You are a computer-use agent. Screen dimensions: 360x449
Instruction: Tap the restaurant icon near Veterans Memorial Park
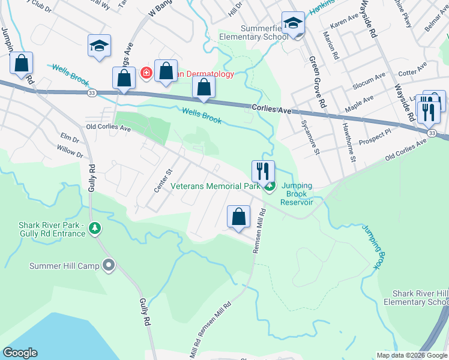pos(263,171)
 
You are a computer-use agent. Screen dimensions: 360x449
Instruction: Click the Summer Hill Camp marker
pos(108,265)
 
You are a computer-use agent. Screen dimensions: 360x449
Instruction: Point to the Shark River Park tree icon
pos(94,228)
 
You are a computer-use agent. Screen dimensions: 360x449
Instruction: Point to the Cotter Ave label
pos(411,73)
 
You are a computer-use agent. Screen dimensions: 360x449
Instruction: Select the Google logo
pos(20,353)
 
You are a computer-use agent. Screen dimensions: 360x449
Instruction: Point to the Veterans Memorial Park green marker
pos(270,187)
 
